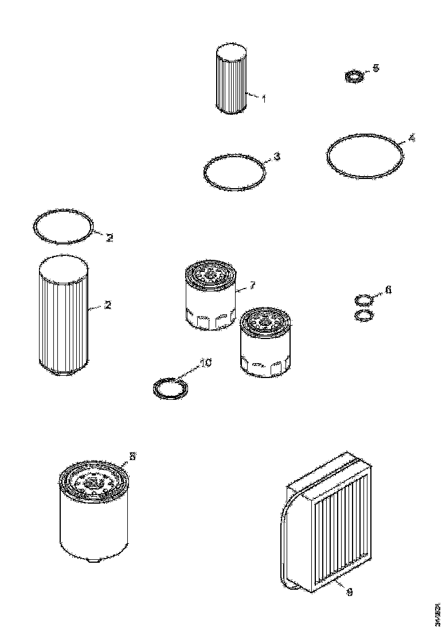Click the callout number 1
pyautogui.click(x=264, y=99)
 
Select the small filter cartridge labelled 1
pyautogui.click(x=232, y=80)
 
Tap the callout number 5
pyautogui.click(x=375, y=68)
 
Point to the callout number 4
pyautogui.click(x=411, y=139)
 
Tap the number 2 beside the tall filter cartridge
pyautogui.click(x=107, y=305)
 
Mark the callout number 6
pyautogui.click(x=388, y=290)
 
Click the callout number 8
pyautogui.click(x=132, y=457)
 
